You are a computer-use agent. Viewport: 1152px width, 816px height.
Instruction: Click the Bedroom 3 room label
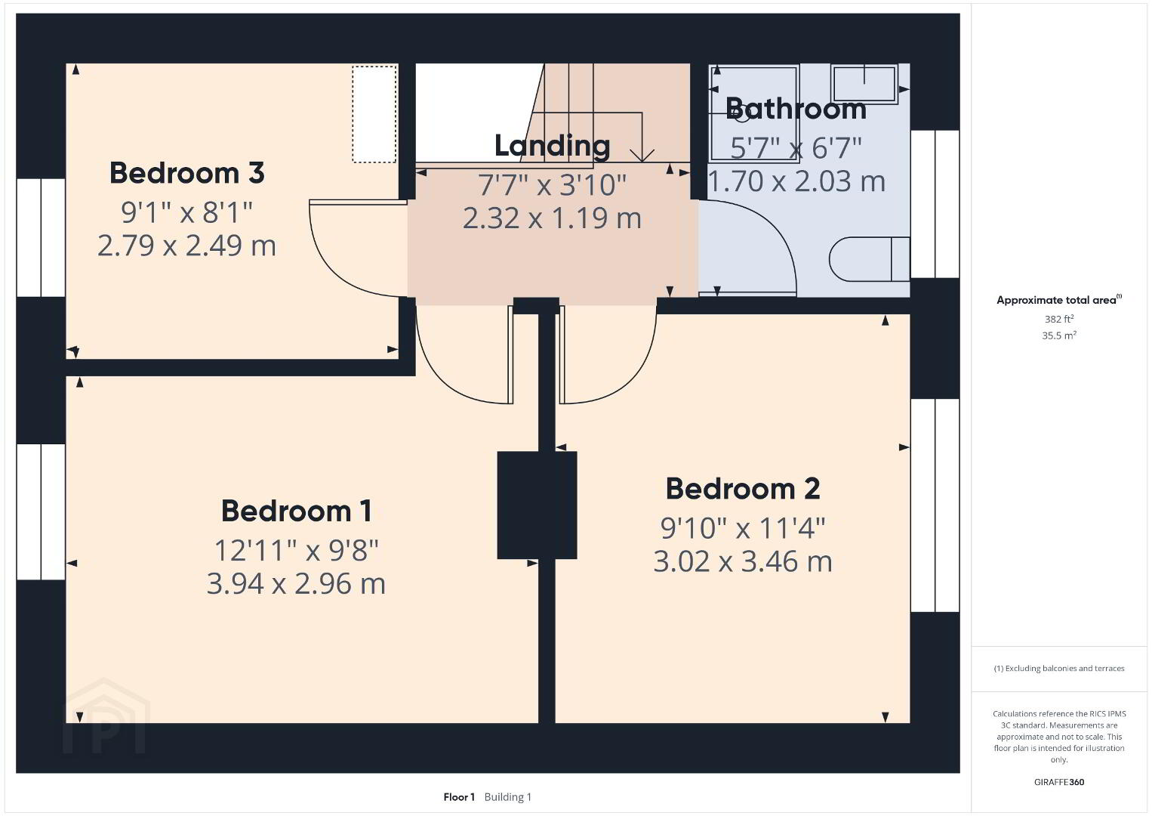tap(186, 173)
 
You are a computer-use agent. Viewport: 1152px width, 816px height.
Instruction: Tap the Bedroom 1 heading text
tap(296, 512)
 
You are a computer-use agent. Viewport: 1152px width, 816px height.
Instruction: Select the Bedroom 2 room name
tap(743, 489)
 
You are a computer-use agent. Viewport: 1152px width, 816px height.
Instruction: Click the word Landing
tap(553, 146)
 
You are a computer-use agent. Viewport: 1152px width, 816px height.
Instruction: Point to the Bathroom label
tap(796, 109)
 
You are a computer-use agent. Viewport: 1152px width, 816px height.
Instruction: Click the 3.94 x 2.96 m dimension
tap(296, 584)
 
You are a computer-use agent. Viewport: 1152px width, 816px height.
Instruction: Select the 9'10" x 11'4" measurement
tap(743, 528)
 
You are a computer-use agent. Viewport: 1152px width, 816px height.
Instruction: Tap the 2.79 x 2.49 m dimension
tap(186, 246)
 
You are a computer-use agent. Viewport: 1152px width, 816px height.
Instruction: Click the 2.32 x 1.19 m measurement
tap(553, 218)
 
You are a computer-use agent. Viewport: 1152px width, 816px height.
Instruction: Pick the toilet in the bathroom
tap(869, 259)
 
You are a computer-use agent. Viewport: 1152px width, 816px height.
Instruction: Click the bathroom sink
tap(864, 82)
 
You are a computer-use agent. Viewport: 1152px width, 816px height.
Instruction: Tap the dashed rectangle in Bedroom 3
tap(374, 114)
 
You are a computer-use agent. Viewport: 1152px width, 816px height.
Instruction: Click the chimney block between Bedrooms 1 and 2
tap(537, 505)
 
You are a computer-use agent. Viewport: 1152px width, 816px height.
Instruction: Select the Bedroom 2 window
tap(935, 505)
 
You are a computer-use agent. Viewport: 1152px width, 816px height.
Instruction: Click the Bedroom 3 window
tap(41, 238)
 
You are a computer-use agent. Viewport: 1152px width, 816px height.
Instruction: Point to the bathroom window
tap(935, 204)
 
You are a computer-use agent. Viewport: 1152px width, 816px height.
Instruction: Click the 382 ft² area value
tap(1059, 319)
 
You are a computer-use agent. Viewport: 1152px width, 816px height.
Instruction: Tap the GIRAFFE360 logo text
tap(1059, 782)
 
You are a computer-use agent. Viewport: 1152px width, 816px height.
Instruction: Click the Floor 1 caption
tap(459, 797)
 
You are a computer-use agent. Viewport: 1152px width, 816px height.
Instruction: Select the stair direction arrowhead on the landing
tap(642, 156)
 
